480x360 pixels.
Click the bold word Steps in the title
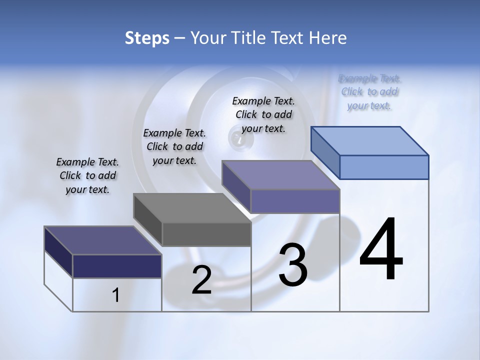click(147, 38)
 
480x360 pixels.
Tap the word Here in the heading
click(327, 38)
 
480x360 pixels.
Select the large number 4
click(381, 249)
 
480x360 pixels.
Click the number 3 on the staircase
click(293, 265)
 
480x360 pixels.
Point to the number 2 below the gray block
click(201, 280)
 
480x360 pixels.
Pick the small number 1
click(116, 295)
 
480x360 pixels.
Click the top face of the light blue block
click(370, 140)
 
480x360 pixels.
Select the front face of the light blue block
click(384, 167)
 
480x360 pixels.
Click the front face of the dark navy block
click(117, 266)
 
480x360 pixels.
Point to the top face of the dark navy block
click(103, 240)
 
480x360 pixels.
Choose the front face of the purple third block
click(295, 201)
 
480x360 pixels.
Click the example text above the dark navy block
click(87, 175)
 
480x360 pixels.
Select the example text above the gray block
click(174, 146)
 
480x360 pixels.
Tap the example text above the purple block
click(263, 114)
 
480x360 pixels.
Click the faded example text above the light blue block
click(369, 92)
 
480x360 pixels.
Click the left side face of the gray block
click(148, 220)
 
